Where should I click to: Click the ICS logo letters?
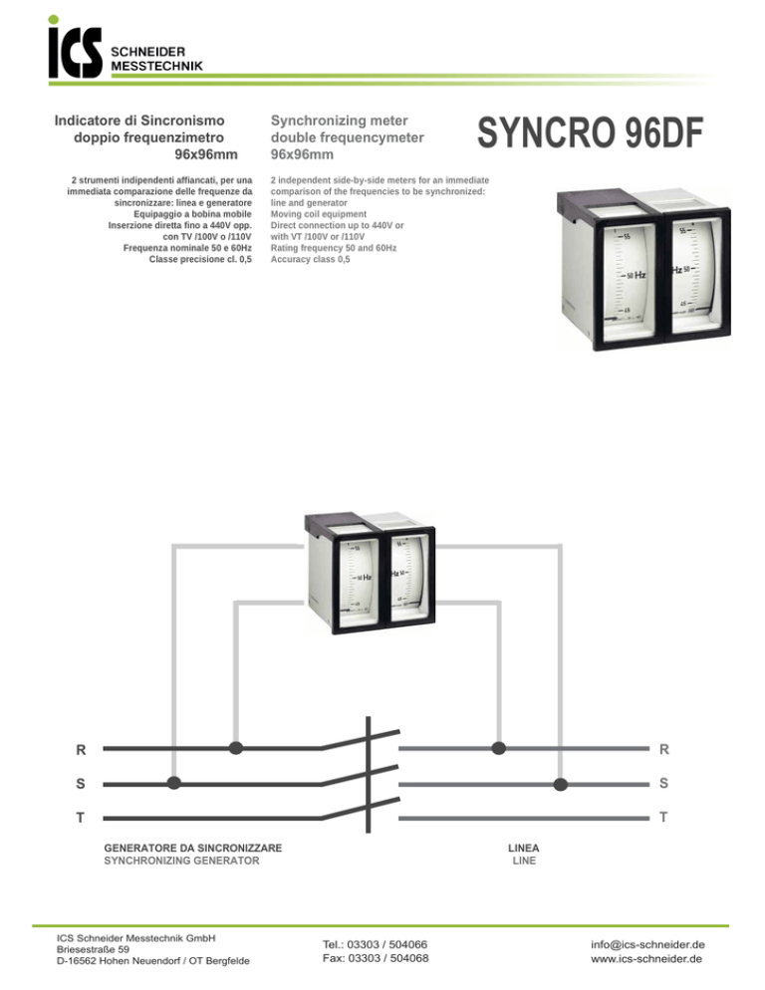[75, 52]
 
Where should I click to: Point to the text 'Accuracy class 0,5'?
[311, 259]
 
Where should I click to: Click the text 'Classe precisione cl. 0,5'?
[199, 259]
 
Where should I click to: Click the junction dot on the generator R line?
[236, 747]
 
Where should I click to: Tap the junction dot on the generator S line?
[174, 783]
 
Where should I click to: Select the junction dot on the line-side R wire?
[499, 747]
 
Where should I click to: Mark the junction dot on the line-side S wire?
[560, 783]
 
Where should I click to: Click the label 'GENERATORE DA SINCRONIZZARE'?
[193, 848]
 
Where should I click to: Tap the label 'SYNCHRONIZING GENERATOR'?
[181, 861]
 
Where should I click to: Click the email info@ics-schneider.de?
[646, 943]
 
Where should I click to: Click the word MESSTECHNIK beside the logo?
[156, 65]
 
